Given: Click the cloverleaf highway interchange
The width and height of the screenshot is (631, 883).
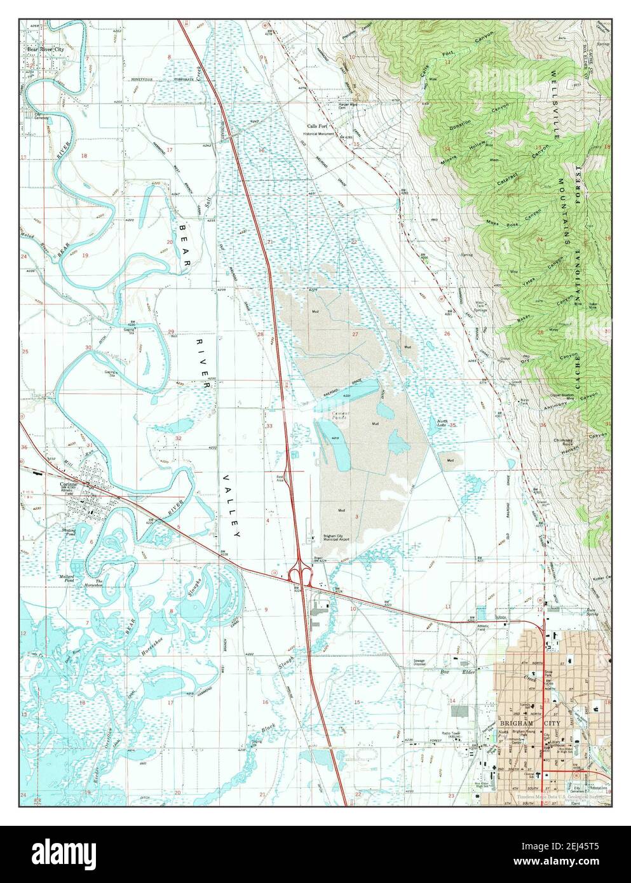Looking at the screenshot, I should pyautogui.click(x=299, y=576).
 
